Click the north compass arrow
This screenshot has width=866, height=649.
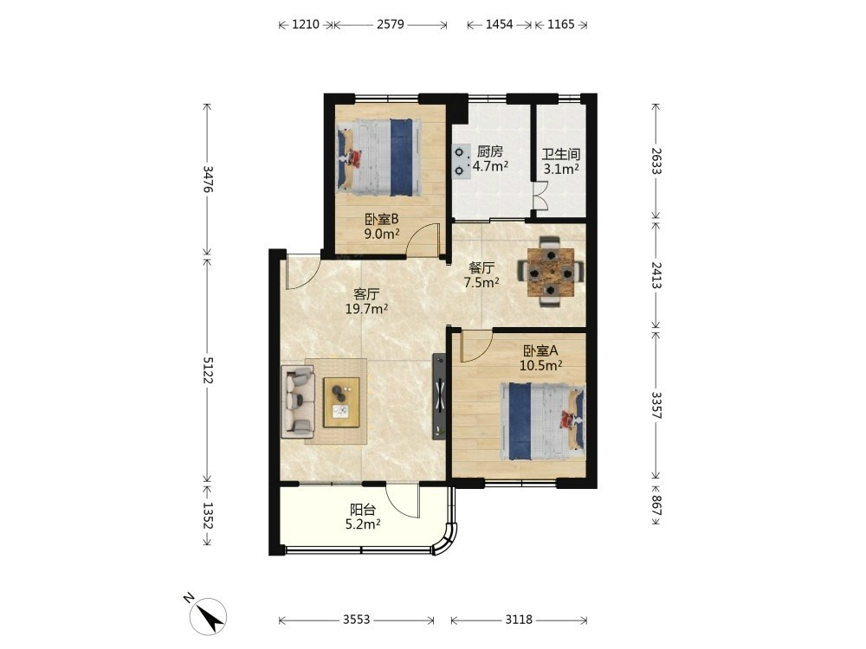tap(210, 614)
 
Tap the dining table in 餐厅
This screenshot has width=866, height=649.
tap(550, 272)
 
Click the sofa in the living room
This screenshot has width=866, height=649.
tap(298, 401)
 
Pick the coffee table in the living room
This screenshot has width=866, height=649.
tap(341, 402)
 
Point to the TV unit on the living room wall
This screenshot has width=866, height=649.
tap(440, 395)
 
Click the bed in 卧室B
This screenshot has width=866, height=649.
tap(376, 157)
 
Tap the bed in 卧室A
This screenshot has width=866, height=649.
tap(543, 421)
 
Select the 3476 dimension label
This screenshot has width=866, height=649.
tap(208, 179)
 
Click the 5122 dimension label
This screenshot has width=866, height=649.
tap(208, 369)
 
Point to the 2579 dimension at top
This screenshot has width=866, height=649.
tap(391, 24)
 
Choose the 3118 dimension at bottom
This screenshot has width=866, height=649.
tap(519, 620)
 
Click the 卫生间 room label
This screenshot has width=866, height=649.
tap(560, 155)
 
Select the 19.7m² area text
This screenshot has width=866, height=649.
tap(366, 309)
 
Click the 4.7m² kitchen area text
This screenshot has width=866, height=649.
tap(490, 165)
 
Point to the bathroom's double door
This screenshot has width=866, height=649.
tap(539, 196)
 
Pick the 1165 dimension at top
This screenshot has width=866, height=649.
tap(561, 24)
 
